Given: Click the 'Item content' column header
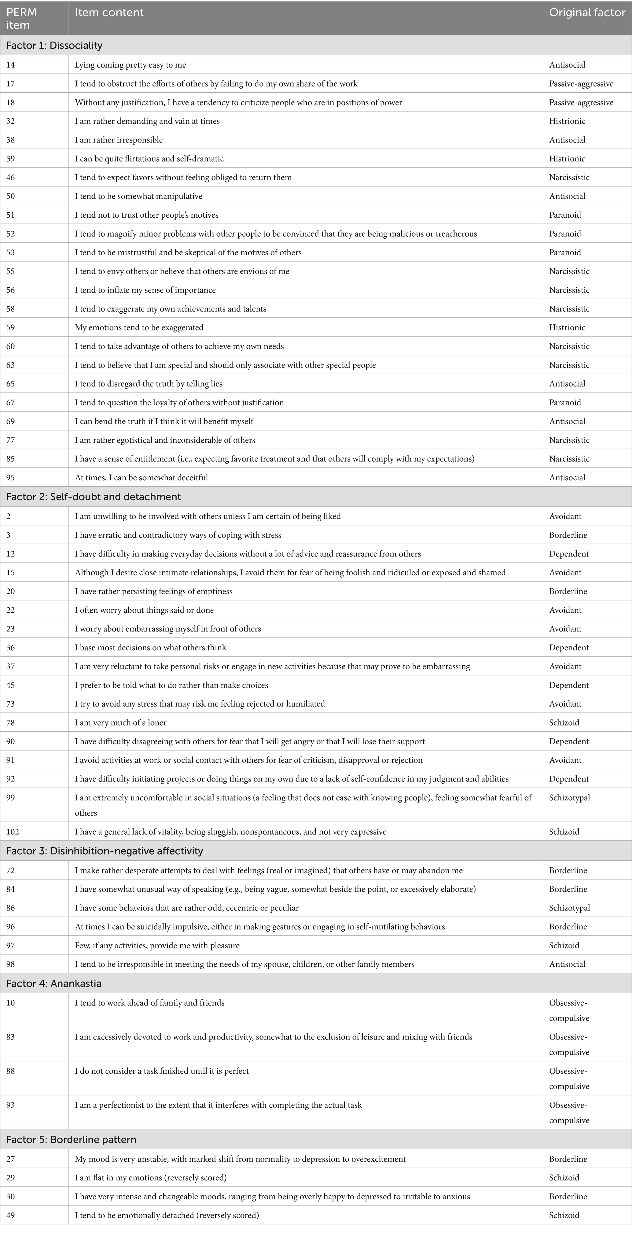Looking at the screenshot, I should pyautogui.click(x=109, y=13).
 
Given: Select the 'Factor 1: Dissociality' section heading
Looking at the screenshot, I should pyautogui.click(x=54, y=46).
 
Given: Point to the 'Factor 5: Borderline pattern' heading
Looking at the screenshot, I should pyautogui.click(x=71, y=1140).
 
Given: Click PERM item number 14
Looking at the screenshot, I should pyautogui.click(x=10, y=65).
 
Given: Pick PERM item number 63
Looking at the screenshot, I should pyautogui.click(x=10, y=365).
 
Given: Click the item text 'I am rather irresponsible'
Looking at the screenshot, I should pyautogui.click(x=119, y=140).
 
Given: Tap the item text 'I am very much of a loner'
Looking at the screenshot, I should pyautogui.click(x=121, y=722).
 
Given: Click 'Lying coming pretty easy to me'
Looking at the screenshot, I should pyautogui.click(x=130, y=65).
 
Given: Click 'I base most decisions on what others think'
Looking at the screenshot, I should pyautogui.click(x=150, y=648).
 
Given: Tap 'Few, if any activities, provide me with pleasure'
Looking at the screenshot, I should pyautogui.click(x=157, y=945).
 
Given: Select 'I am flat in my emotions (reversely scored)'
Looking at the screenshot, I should pyautogui.click(x=151, y=1177).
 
